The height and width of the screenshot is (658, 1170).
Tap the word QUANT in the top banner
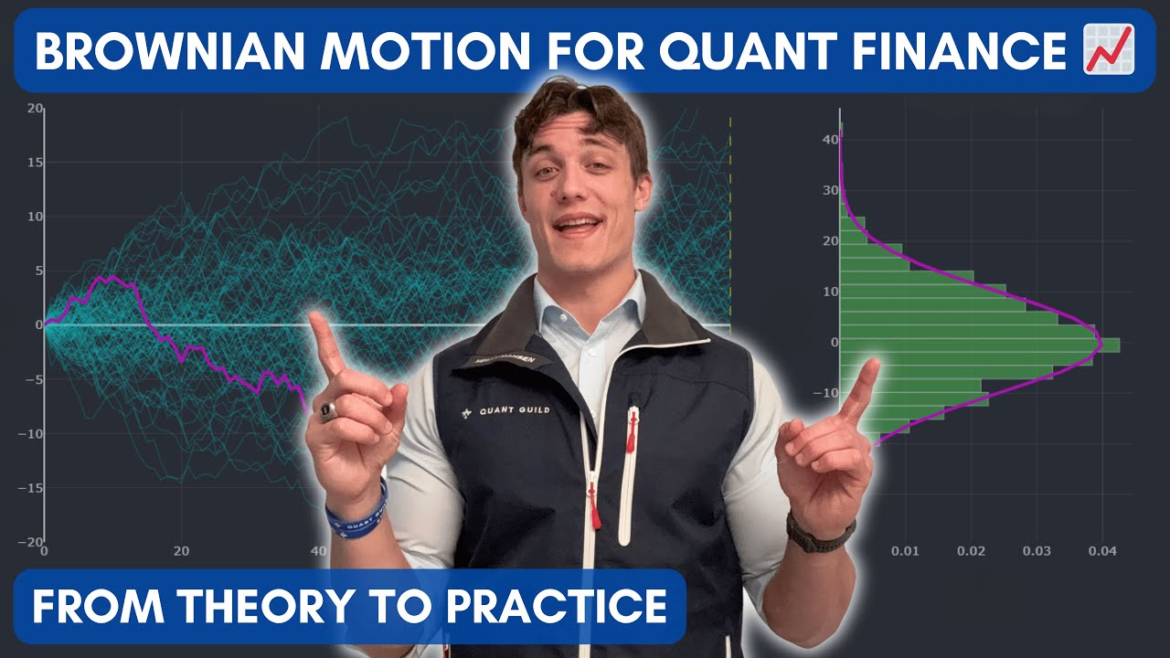pos(713,51)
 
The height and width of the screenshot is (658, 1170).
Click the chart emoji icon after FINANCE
pos(1107,49)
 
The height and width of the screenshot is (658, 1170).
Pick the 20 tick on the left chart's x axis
pos(180,551)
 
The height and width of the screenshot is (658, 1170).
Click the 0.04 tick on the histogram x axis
pos(1102,551)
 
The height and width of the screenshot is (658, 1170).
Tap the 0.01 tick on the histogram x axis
pos(905,551)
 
